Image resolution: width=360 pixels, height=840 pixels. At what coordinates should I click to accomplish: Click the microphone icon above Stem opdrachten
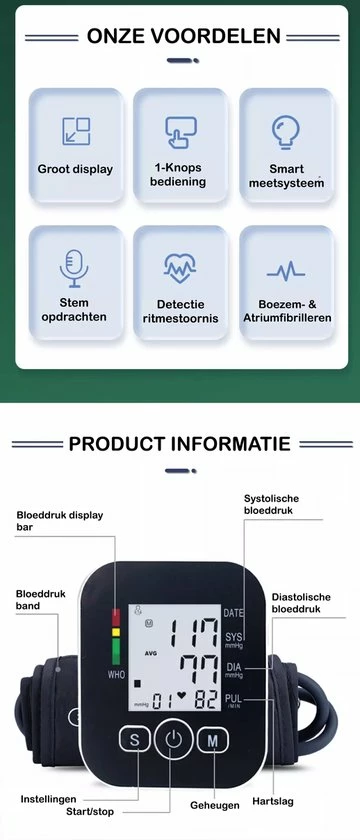click(x=74, y=268)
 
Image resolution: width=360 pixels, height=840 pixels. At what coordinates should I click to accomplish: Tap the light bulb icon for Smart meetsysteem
click(x=285, y=132)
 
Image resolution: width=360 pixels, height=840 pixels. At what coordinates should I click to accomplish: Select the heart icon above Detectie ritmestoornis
click(x=180, y=268)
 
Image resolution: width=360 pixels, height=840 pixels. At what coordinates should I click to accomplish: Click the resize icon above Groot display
click(x=76, y=131)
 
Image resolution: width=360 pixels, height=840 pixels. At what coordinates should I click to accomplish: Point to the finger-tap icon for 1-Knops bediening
click(x=181, y=132)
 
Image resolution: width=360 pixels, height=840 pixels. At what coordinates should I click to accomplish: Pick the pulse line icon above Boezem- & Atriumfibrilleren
click(x=286, y=272)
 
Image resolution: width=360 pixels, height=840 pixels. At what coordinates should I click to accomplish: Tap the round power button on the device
click(x=174, y=740)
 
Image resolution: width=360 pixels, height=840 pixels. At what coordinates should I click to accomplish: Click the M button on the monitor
click(x=213, y=741)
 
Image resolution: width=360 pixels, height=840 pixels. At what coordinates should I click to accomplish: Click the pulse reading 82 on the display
click(x=206, y=700)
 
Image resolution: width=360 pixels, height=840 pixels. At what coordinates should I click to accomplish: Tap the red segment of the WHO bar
click(x=116, y=618)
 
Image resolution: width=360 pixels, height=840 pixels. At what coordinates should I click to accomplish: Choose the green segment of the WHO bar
click(x=116, y=651)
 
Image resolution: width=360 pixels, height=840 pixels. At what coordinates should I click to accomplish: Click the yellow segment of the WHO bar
click(x=116, y=632)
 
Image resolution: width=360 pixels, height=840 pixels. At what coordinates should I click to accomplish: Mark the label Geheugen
click(x=215, y=806)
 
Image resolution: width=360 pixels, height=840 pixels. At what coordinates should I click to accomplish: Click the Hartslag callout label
click(x=273, y=801)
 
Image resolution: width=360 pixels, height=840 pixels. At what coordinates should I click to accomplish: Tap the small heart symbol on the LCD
click(x=182, y=695)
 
